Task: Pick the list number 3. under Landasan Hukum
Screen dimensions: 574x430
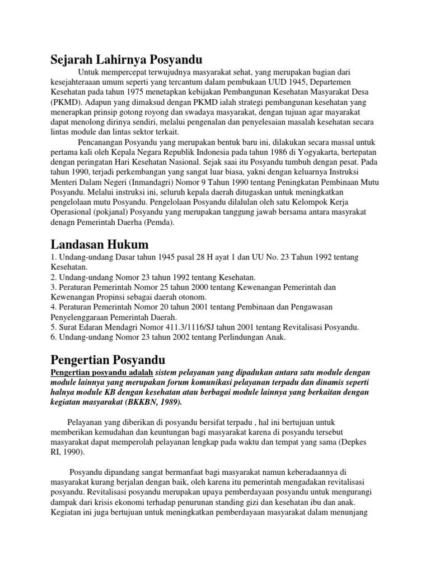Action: click(53, 287)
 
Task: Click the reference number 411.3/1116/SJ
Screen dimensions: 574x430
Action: click(167, 327)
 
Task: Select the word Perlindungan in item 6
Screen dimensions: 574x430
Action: click(215, 337)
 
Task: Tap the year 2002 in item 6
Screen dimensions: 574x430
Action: click(163, 337)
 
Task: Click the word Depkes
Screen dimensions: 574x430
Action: click(356, 442)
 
